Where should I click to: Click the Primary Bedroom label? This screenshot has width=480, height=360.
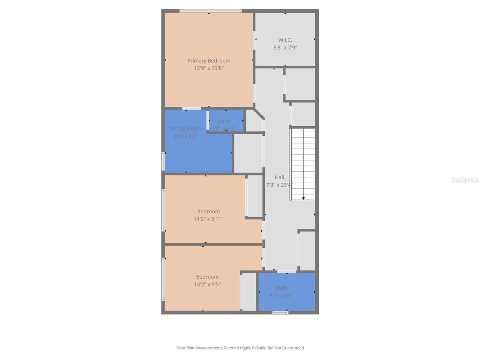coord(208,61)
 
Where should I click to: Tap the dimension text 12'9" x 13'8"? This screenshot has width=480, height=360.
coord(208,68)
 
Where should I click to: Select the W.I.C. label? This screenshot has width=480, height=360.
coord(285,40)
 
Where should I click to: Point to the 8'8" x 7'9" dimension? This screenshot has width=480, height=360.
coord(285,48)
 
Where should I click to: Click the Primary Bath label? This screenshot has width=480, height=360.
coord(185,129)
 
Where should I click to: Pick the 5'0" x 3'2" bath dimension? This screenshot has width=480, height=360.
coord(223,129)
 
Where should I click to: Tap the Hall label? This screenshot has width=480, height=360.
coord(279,177)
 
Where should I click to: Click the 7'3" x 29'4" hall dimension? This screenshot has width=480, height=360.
coord(279,185)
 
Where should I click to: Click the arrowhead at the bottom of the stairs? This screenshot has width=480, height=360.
coord(303,198)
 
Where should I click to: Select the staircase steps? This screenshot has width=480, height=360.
coord(303,161)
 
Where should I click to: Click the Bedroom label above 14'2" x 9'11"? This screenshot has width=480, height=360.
coord(208,211)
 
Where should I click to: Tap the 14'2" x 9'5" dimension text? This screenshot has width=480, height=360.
coord(207,285)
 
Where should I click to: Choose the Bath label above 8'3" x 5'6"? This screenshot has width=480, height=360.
coord(281,288)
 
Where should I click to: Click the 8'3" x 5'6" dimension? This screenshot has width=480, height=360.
coord(281,295)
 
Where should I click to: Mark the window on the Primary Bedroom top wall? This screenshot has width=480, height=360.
coord(210,11)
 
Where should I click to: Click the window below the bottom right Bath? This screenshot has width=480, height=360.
coord(280,312)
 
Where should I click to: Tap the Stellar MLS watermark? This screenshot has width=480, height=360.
coord(465,180)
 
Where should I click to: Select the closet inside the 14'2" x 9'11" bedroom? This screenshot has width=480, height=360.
coord(255,196)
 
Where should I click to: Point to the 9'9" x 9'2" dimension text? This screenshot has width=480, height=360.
coord(185,136)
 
